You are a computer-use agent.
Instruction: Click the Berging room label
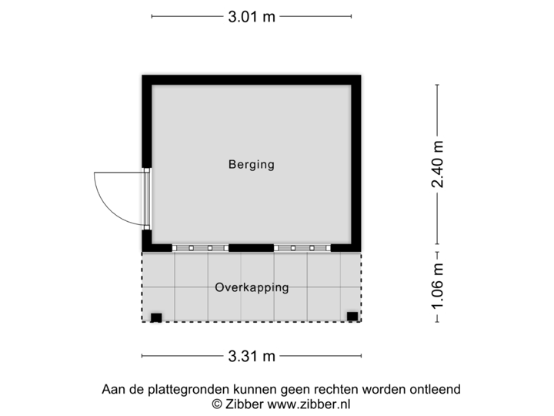[251, 164]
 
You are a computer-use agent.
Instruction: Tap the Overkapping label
[252, 287]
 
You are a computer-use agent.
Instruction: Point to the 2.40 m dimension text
[438, 164]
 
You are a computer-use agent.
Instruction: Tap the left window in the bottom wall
[199, 248]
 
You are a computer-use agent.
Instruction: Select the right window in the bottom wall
[302, 248]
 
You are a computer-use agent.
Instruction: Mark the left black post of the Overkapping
[156, 317]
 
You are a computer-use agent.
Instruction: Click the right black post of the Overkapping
[352, 316]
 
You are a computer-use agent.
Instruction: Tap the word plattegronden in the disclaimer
[172, 390]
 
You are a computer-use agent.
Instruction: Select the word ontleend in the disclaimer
[436, 390]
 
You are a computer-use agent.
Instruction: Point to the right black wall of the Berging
[359, 162]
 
